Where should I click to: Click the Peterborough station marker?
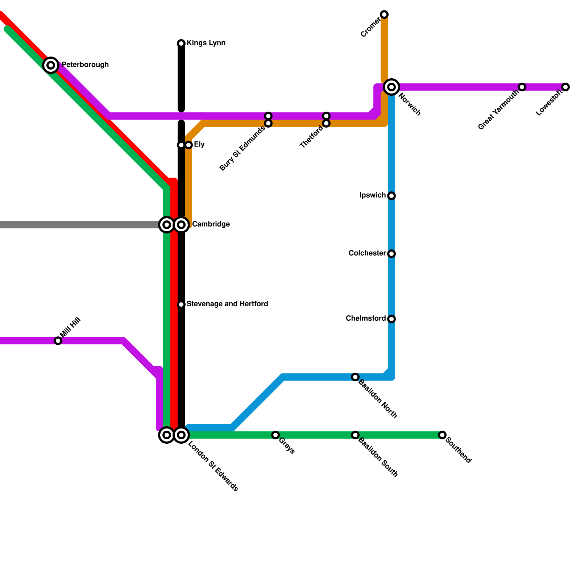tap(51, 65)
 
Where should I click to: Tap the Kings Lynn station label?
tap(206, 43)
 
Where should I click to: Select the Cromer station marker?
tap(384, 14)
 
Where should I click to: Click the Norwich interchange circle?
tap(391, 87)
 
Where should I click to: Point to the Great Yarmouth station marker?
tap(522, 87)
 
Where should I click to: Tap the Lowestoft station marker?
tap(565, 87)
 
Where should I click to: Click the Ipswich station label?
tap(373, 195)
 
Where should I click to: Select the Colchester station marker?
tap(391, 254)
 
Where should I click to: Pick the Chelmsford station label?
tap(366, 319)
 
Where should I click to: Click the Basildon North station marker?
tap(355, 377)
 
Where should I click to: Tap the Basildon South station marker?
tap(355, 435)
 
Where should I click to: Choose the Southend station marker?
tap(442, 435)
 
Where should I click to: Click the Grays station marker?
tap(275, 435)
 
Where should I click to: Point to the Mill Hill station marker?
tap(58, 341)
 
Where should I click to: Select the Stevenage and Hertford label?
tap(227, 304)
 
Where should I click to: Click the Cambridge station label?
tap(211, 224)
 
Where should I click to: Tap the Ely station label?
tap(199, 145)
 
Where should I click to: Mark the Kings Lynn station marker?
tap(181, 43)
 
